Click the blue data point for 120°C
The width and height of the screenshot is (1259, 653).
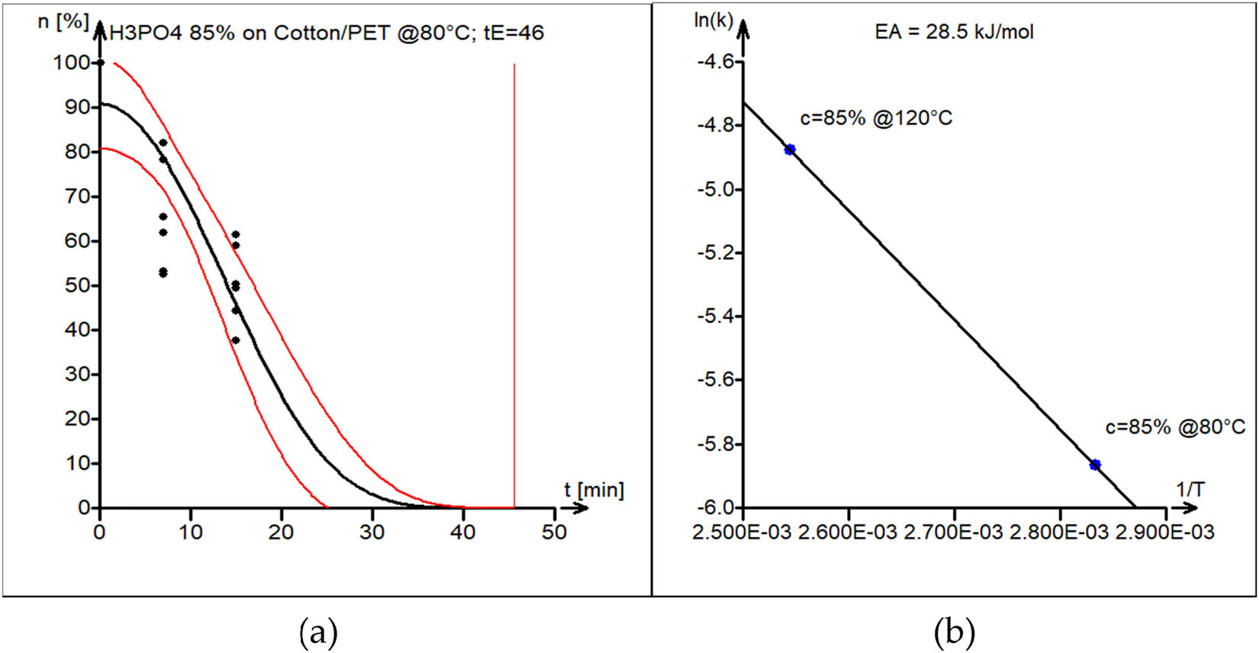tap(790, 150)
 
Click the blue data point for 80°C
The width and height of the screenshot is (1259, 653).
tap(1095, 465)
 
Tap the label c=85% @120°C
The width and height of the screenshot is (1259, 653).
tap(876, 119)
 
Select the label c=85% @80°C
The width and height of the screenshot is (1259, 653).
tap(1175, 427)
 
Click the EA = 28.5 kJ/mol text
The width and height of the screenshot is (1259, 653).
tap(954, 32)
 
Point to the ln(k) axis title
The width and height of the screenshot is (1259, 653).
tap(713, 20)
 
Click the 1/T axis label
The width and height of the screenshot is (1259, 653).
tap(1190, 490)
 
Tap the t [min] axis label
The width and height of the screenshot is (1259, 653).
tap(594, 490)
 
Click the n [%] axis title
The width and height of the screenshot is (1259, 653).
tap(63, 21)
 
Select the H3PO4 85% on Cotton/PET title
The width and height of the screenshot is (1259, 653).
tap(327, 33)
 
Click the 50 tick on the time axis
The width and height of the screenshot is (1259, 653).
tap(555, 532)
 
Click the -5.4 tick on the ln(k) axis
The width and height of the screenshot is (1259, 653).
tap(715, 317)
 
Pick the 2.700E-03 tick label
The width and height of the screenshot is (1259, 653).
tap(954, 532)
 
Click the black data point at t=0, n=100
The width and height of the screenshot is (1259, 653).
tap(100, 63)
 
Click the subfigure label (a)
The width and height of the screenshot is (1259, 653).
tap(318, 632)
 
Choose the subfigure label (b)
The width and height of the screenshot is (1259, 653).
tap(954, 632)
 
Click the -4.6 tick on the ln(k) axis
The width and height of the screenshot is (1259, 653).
tap(715, 62)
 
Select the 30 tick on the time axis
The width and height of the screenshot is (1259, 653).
tap(372, 532)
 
